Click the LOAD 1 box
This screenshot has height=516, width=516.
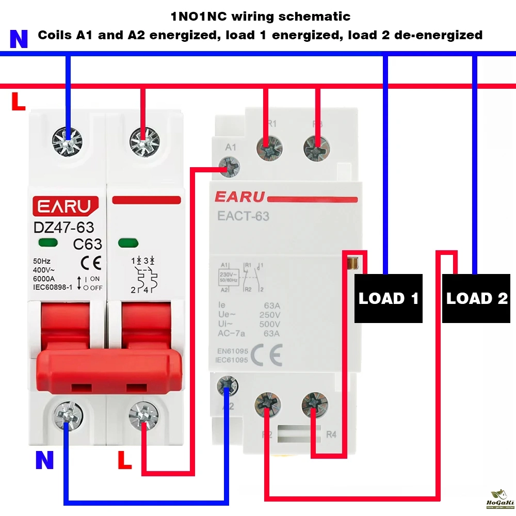point(389,298)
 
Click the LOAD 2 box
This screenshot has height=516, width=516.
point(477,298)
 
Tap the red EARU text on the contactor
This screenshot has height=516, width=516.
point(239,197)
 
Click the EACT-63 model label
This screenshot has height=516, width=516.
point(243,216)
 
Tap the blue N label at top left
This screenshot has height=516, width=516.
point(19,39)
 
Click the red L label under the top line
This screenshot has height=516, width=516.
point(18,102)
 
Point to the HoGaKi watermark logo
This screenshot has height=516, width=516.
point(498,499)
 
